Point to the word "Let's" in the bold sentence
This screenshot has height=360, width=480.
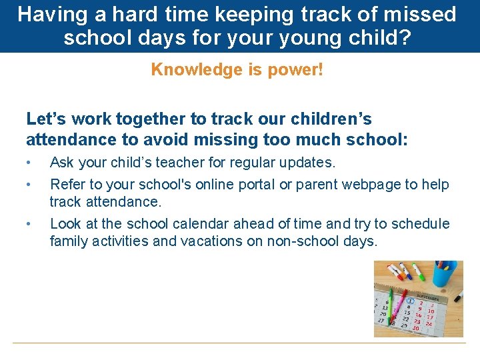[46, 119]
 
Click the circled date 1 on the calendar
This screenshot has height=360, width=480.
[411, 301]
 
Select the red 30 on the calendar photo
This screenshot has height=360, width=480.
[415, 327]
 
